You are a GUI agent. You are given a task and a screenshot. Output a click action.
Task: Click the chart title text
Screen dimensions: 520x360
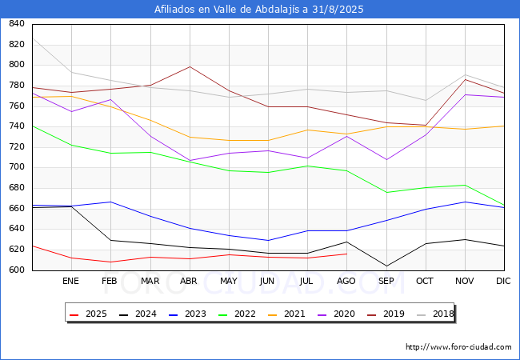pyautogui.click(x=258, y=10)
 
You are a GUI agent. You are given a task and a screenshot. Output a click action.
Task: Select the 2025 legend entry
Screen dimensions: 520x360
pyautogui.click(x=88, y=314)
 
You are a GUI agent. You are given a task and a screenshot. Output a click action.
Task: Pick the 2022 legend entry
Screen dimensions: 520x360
pyautogui.click(x=237, y=314)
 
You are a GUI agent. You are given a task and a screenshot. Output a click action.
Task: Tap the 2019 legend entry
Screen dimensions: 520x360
pyautogui.click(x=386, y=314)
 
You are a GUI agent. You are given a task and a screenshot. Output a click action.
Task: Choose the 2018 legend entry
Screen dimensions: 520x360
pyautogui.click(x=435, y=314)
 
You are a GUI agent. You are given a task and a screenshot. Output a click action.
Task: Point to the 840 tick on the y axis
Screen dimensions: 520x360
pyautogui.click(x=17, y=24)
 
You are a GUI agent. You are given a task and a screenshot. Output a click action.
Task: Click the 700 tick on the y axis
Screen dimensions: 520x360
pyautogui.click(x=17, y=167)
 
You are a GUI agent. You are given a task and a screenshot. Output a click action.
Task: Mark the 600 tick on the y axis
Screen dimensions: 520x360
pyautogui.click(x=17, y=270)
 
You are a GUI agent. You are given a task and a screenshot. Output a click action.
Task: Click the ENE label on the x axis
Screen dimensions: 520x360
pyautogui.click(x=70, y=281)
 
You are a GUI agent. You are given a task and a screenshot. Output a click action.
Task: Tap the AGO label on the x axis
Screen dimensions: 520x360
pyautogui.click(x=346, y=281)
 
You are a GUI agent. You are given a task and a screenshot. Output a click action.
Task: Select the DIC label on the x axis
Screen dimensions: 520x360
pyautogui.click(x=503, y=281)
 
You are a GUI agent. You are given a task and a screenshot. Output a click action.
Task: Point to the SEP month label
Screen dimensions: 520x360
pyautogui.click(x=386, y=281)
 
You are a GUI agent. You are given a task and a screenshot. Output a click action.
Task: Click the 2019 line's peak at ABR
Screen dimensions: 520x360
pyautogui.click(x=190, y=66)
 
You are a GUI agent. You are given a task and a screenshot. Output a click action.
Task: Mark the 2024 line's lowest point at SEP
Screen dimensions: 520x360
pyautogui.click(x=386, y=266)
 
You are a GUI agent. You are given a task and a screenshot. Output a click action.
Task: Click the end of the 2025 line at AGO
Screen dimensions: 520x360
pyautogui.click(x=347, y=254)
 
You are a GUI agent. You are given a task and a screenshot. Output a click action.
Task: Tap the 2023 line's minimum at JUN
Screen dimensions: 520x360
pyautogui.click(x=268, y=240)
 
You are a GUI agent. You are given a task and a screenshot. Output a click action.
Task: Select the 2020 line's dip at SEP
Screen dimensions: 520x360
pyautogui.click(x=386, y=160)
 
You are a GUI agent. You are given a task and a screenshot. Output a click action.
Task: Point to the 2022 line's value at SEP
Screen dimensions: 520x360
pyautogui.click(x=386, y=192)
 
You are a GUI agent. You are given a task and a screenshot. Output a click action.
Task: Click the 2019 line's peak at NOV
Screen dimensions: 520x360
pyautogui.click(x=466, y=79)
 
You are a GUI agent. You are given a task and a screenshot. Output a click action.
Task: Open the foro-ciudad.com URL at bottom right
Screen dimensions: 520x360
pyautogui.click(x=458, y=347)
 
